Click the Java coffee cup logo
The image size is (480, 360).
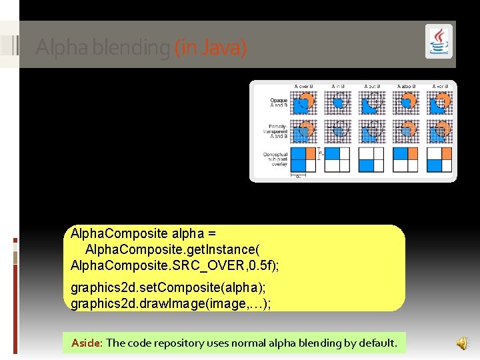[x=439, y=42]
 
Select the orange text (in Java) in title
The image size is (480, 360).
[x=210, y=48]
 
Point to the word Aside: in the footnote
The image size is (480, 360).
[x=87, y=343]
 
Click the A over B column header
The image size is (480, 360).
[x=304, y=87]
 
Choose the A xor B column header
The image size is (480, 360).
[x=440, y=87]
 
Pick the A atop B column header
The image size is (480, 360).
[x=406, y=87]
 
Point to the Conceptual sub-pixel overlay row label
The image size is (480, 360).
[x=275, y=160]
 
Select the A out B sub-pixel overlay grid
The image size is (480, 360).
[x=372, y=160]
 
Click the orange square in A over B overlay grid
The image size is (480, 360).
[x=311, y=154]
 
